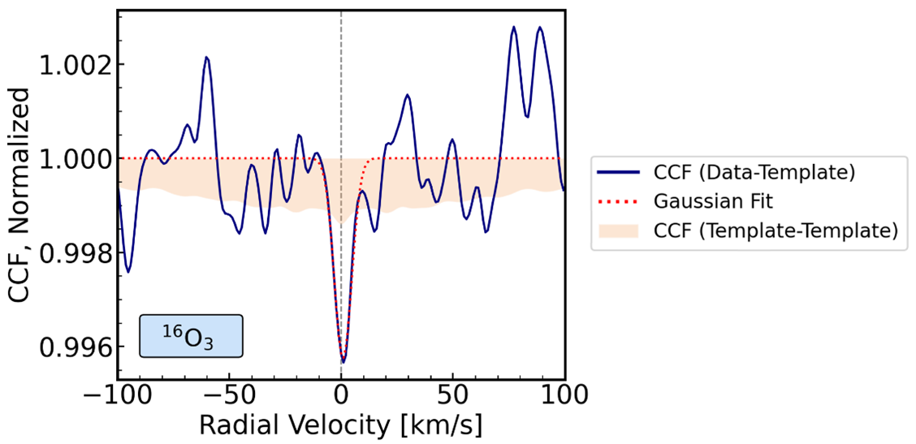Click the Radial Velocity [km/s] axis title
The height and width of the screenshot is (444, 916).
(x=340, y=425)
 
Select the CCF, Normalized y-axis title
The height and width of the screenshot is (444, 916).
(x=19, y=195)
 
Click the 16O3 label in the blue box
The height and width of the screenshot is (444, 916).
(x=192, y=336)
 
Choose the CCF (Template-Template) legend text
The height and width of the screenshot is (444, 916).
(x=775, y=231)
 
